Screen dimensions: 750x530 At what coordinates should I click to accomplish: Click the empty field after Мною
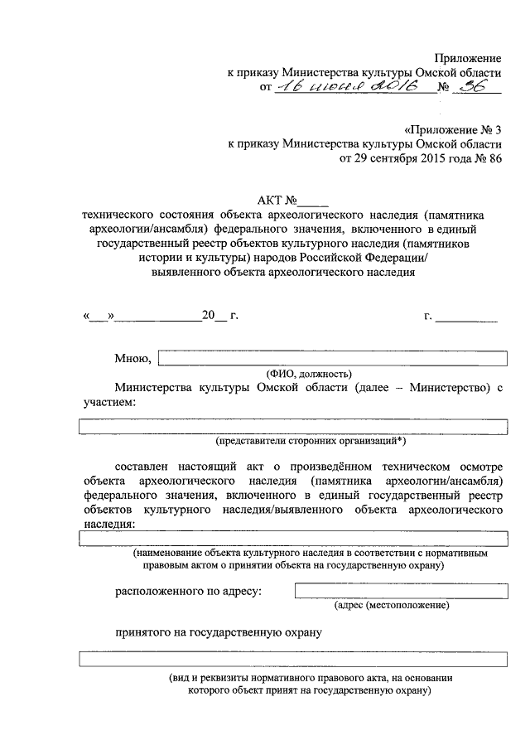click(x=332, y=358)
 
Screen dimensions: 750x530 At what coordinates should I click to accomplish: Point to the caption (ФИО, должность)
click(x=309, y=373)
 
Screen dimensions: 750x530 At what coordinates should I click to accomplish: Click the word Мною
click(x=132, y=359)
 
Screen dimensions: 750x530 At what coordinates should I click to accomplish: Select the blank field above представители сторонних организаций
click(x=292, y=426)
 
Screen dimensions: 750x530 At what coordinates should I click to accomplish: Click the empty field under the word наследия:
click(x=292, y=538)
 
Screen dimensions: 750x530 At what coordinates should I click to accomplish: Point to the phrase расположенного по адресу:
click(x=188, y=591)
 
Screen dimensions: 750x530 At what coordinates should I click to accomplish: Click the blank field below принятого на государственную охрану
click(x=292, y=660)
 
